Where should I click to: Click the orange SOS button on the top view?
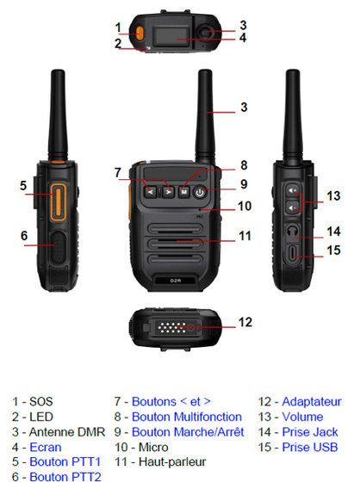pyautogui.click(x=140, y=34)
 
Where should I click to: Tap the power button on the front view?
pyautogui.click(x=200, y=192)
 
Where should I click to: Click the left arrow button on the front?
pyautogui.click(x=151, y=192)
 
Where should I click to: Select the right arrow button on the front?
pyautogui.click(x=169, y=192)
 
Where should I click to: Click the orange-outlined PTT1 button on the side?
pyautogui.click(x=58, y=201)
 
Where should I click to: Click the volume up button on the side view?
pyautogui.click(x=293, y=190)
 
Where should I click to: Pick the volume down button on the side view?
pyautogui.click(x=293, y=207)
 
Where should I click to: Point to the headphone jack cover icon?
pyautogui.click(x=293, y=231)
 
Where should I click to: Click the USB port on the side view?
pyautogui.click(x=293, y=253)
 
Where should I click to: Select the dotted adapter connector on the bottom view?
pyautogui.click(x=174, y=328)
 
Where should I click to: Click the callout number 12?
pyautogui.click(x=245, y=322)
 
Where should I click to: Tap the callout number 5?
pyautogui.click(x=23, y=186)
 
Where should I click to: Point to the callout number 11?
pyautogui.click(x=245, y=236)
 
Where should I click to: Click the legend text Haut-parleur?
pyautogui.click(x=172, y=461)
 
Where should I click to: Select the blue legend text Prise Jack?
pyautogui.click(x=310, y=432)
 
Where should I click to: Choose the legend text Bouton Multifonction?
pyautogui.click(x=187, y=417)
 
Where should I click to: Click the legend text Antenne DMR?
pyautogui.click(x=67, y=432)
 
